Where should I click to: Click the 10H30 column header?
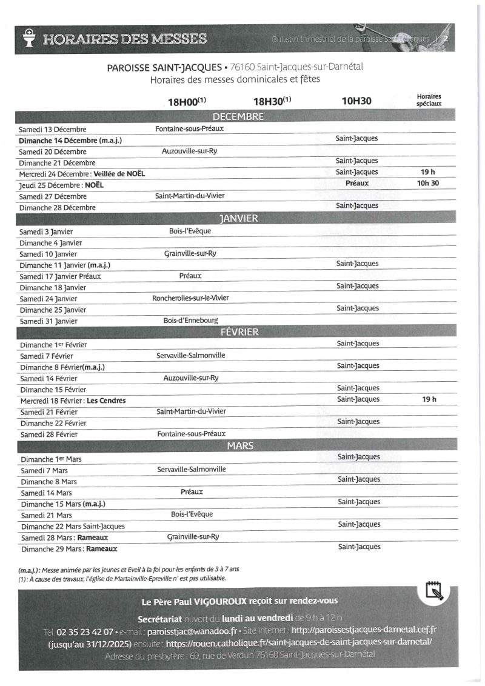tap(356, 101)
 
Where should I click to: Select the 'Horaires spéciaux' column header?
tap(429, 100)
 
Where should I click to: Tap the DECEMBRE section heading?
tap(238, 117)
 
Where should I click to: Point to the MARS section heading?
tap(240, 445)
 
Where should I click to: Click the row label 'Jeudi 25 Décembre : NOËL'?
tap(61, 185)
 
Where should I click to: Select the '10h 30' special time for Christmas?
tap(428, 183)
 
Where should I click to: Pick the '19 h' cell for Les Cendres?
tap(429, 399)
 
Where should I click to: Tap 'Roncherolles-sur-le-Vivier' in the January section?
tap(190, 298)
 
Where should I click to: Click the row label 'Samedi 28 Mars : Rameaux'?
tap(59, 538)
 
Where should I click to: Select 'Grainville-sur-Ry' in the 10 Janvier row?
tap(190, 253)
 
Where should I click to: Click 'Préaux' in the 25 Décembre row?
tap(357, 183)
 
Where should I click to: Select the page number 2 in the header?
tap(447, 39)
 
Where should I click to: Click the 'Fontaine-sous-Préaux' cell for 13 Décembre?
tap(190, 128)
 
